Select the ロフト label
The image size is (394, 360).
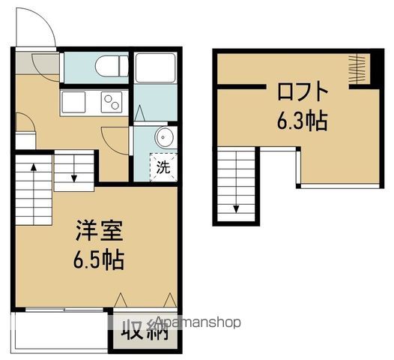pyautogui.click(x=303, y=92)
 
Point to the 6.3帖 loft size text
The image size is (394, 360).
pyautogui.click(x=302, y=120)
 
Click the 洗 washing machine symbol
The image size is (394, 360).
pyautogui.click(x=163, y=166)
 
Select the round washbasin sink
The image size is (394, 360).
pyautogui.click(x=163, y=136)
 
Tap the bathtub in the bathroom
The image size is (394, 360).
pyautogui.click(x=155, y=70)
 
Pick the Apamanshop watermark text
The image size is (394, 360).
pyautogui.click(x=198, y=323)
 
